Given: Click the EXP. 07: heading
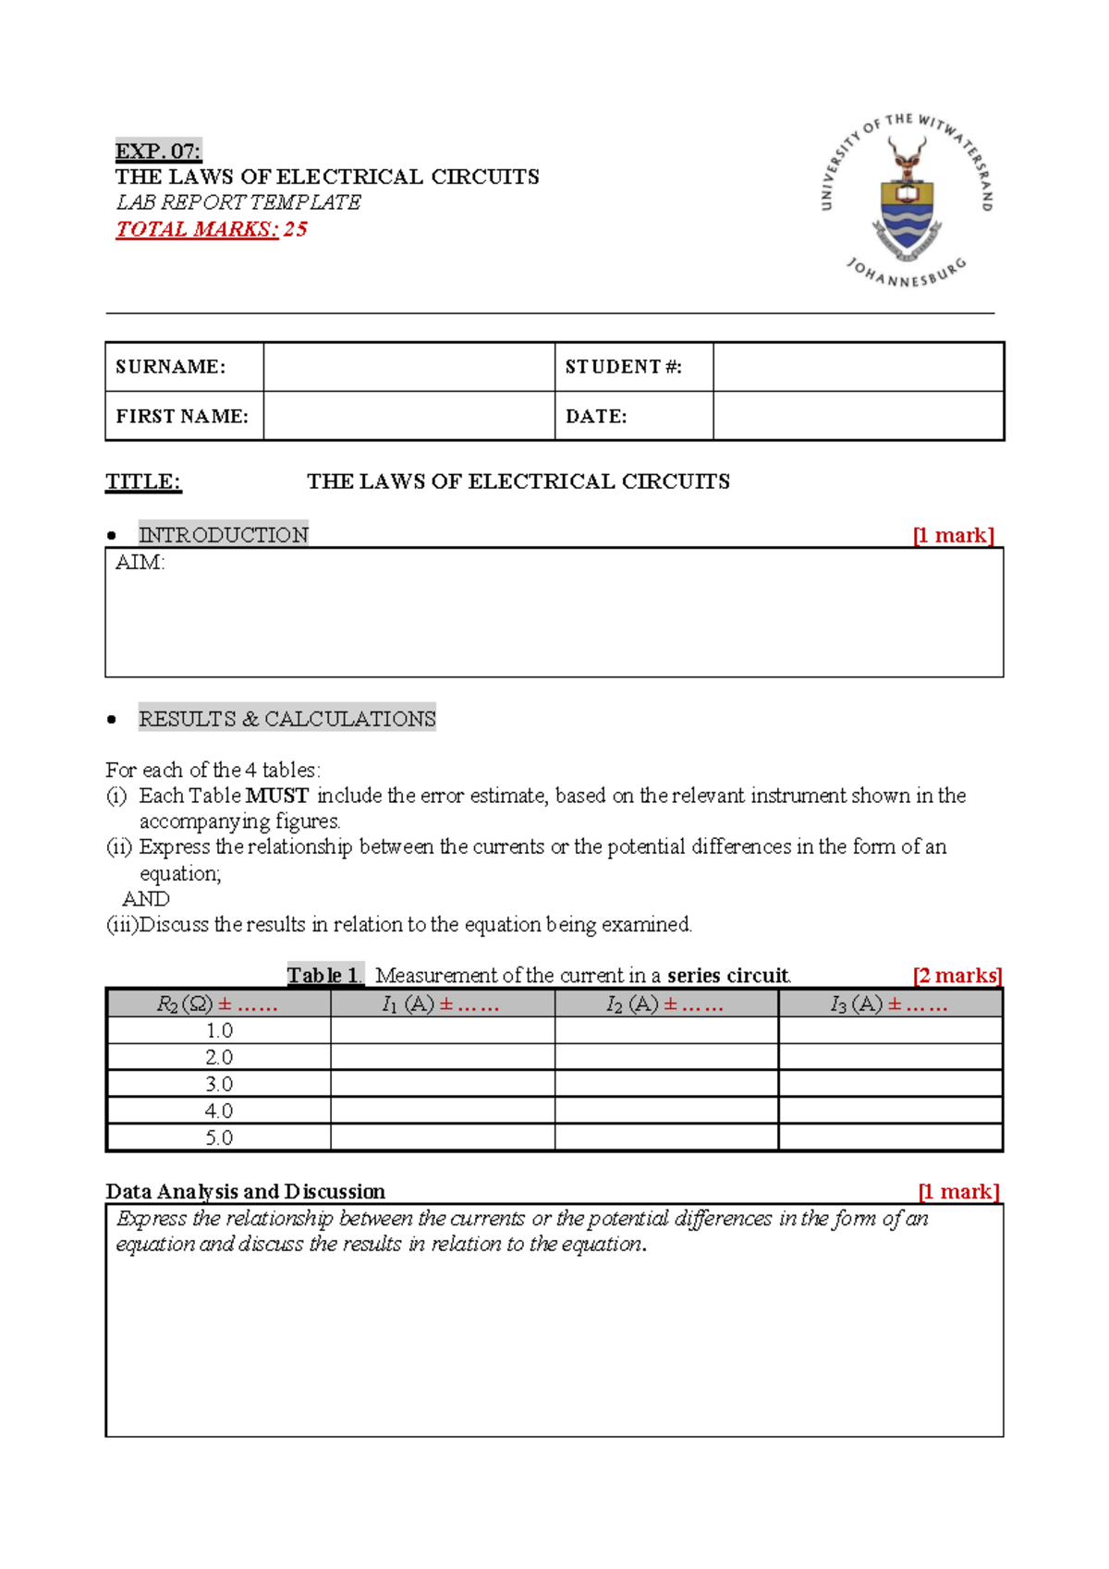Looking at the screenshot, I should coord(158,151).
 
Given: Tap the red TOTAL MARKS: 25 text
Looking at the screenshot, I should coord(211,229).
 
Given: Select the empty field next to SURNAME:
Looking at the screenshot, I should coord(408,367).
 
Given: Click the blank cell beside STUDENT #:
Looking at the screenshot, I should coord(858,367).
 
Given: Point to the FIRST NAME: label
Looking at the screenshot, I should coord(182,417).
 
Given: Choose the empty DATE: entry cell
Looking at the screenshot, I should coord(858,417).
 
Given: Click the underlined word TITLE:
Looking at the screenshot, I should coord(143,481).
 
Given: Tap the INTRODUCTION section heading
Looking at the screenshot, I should coord(223,535).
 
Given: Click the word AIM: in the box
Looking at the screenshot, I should coord(140,563).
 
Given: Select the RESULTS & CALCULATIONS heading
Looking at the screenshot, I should coord(286,719).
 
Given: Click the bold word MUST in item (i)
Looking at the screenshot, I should coord(276,796).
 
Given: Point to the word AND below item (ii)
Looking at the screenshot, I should coord(146,899).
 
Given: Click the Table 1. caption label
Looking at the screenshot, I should coord(324,976).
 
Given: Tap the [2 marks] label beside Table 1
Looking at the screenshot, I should coord(957,976).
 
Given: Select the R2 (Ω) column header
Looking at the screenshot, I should coord(217,1004).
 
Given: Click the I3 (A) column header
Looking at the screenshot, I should coord(889,1004).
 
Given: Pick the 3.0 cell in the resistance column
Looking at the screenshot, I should coord(219,1084).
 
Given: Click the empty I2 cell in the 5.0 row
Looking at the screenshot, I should coord(666,1137).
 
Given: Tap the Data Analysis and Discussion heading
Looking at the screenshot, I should coord(245,1192).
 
